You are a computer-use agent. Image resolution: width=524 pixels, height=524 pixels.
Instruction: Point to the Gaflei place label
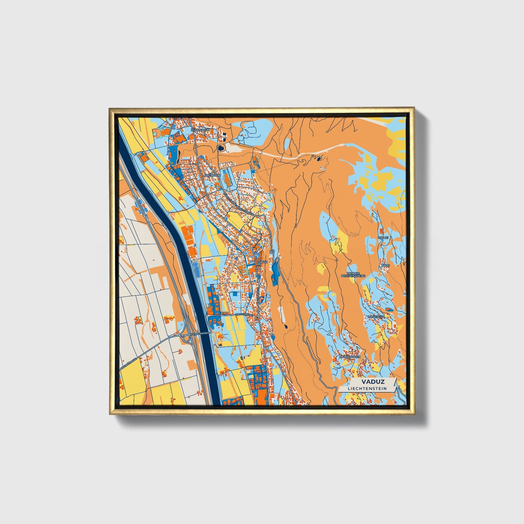click(x=383, y=238)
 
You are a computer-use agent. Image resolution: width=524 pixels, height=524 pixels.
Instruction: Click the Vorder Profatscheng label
click(x=353, y=274)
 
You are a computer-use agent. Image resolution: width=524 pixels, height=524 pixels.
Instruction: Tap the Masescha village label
click(x=376, y=317)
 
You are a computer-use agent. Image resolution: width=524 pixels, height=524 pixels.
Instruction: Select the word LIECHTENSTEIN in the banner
click(x=367, y=389)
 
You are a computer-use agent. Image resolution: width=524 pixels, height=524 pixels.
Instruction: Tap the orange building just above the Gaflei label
click(x=381, y=231)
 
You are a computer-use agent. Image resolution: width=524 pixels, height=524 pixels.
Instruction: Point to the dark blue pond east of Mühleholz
click(x=221, y=148)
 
